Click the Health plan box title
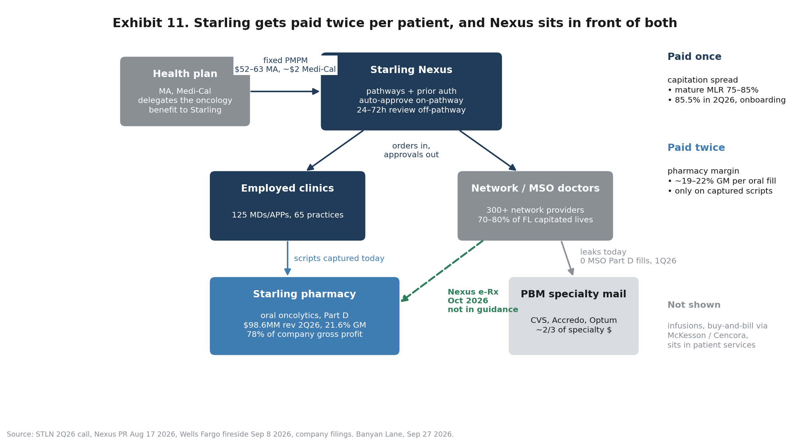pos(185,74)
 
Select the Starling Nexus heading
pos(411,70)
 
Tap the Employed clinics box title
pos(287,189)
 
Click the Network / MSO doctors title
pos(535,189)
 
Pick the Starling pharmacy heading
pos(304,295)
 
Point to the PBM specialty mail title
pos(573,295)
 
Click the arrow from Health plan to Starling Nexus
pos(285,91)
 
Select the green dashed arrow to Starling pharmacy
pos(442,271)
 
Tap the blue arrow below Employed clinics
pos(287,258)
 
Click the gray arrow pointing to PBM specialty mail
pos(567,258)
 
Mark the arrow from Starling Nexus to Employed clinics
pos(335,150)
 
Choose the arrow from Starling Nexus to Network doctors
pos(488,150)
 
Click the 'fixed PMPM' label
pos(285,61)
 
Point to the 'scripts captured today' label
pos(339,259)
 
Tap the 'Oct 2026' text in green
pos(468,301)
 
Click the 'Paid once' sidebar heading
pos(694,57)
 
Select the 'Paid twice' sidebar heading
pos(696,148)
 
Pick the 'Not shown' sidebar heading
pos(694,305)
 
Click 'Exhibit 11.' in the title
pos(150,23)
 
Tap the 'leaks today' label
pos(603,252)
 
